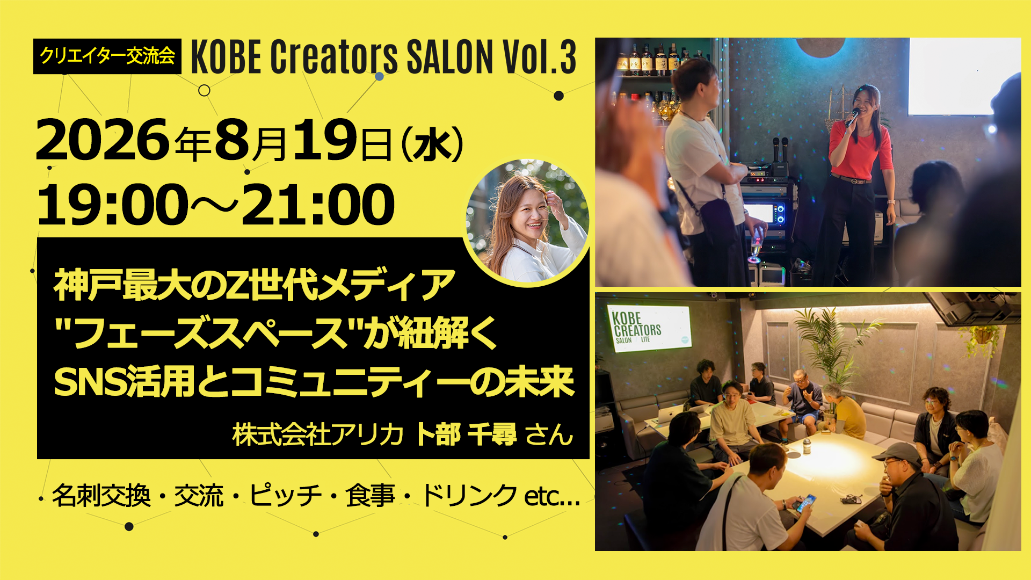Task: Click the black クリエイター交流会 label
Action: point(107,56)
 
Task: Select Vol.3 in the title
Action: point(539,56)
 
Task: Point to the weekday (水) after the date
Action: point(432,144)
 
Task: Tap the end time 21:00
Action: point(318,205)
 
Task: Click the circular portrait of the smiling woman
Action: point(528,221)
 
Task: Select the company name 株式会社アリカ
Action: point(317,434)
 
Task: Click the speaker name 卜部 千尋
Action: point(466,434)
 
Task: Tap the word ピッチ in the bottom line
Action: point(285,495)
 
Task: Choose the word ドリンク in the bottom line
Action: point(469,495)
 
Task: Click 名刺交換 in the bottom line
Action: point(101,495)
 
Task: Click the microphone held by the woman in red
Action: point(853,117)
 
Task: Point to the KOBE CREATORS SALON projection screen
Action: point(649,328)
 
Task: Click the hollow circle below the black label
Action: point(204,90)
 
